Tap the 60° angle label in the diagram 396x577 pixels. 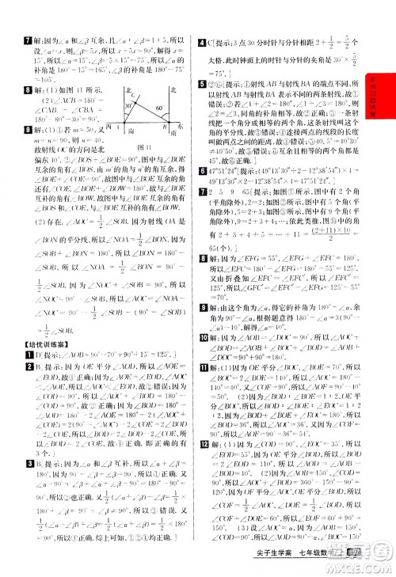[x=159, y=108]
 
